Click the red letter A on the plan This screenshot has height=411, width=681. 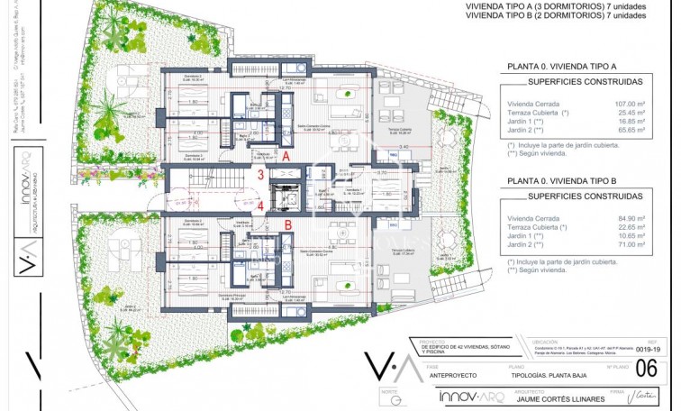(286, 155)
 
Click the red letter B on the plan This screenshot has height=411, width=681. (287, 225)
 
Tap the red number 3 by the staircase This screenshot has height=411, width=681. (260, 176)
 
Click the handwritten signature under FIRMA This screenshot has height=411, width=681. (642, 395)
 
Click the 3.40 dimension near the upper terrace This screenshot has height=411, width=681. (404, 146)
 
